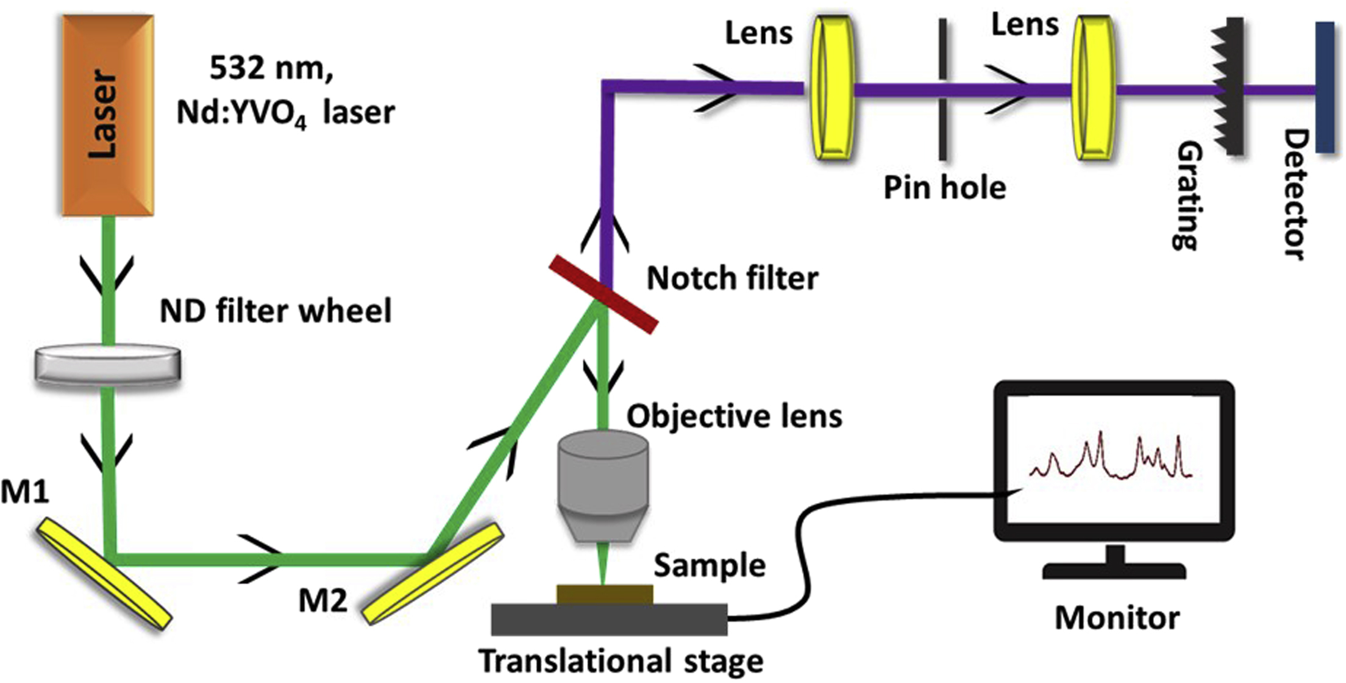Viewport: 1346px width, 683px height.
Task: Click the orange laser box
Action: point(107,115)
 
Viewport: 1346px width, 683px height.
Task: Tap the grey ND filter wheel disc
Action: point(107,365)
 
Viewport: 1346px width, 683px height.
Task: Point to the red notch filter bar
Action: point(604,295)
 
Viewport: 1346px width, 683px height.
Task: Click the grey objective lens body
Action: point(602,482)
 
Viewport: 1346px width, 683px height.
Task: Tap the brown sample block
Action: point(605,594)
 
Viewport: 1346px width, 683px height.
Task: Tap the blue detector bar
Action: point(1324,87)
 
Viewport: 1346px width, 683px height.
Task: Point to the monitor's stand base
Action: point(1114,571)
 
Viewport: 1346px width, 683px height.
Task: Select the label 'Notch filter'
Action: point(732,278)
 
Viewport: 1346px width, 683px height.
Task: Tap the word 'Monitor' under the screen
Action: point(1117,618)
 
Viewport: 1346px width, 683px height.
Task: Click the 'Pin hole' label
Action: point(944,187)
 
